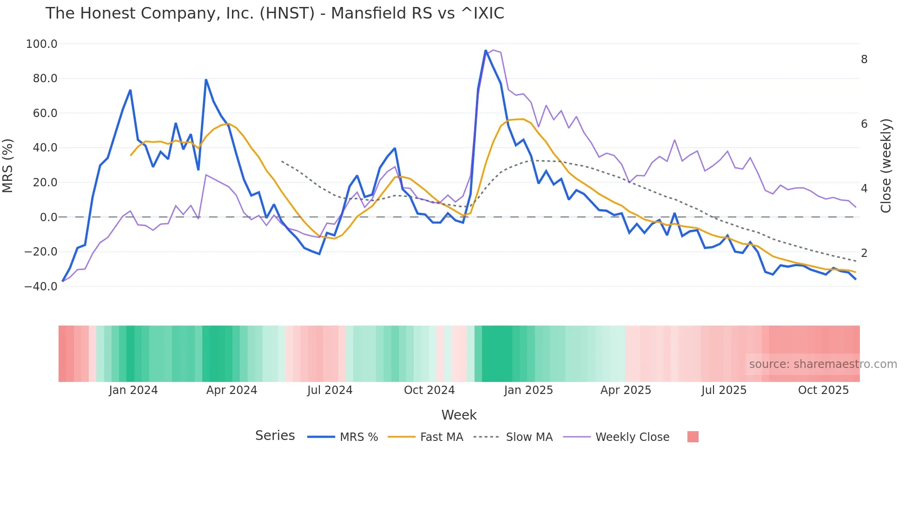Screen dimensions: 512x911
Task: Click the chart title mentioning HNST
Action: click(x=275, y=13)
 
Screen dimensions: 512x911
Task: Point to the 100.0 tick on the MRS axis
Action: click(x=42, y=44)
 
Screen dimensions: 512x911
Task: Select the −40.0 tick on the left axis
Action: click(x=41, y=287)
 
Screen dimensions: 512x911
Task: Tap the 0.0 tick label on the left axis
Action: click(x=48, y=217)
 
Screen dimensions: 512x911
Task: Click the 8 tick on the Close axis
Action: click(x=864, y=59)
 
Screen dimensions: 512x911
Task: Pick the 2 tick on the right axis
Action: click(x=864, y=253)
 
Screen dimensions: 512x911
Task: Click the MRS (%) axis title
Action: click(x=8, y=165)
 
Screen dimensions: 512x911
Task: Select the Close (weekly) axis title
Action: click(x=886, y=166)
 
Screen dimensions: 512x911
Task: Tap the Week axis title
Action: click(x=459, y=415)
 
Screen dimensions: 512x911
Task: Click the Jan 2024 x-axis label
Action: click(x=133, y=390)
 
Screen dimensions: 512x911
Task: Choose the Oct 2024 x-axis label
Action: click(x=429, y=390)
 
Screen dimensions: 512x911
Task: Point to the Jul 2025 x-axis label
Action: click(x=724, y=390)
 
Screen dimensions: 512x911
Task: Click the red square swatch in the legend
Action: click(x=693, y=437)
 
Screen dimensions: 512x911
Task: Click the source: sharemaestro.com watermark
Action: click(x=823, y=364)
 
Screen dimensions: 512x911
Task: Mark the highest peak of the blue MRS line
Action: click(x=486, y=51)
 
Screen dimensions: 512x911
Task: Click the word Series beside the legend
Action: click(x=275, y=436)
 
